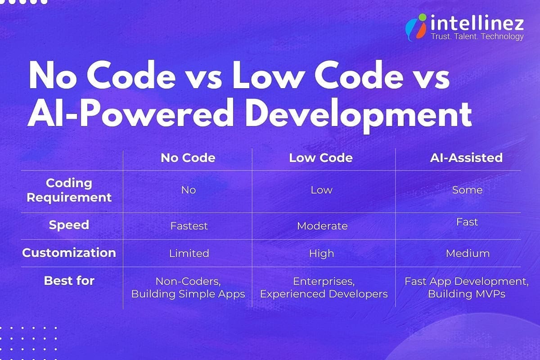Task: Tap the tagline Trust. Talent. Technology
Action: click(477, 36)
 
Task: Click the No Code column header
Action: click(188, 158)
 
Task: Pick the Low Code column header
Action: click(321, 158)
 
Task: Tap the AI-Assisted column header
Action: click(467, 158)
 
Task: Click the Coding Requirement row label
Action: click(69, 190)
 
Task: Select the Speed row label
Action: click(69, 225)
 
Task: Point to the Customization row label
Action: click(69, 252)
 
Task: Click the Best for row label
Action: click(69, 281)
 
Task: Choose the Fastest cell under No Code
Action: click(189, 226)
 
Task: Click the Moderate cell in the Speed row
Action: click(322, 226)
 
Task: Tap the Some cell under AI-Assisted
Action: click(467, 190)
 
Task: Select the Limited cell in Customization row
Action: click(189, 253)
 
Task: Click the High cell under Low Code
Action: click(321, 253)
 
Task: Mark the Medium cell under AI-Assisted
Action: click(468, 253)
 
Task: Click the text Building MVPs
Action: click(467, 294)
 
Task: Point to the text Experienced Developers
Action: click(324, 294)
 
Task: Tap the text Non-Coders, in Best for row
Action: click(188, 281)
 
